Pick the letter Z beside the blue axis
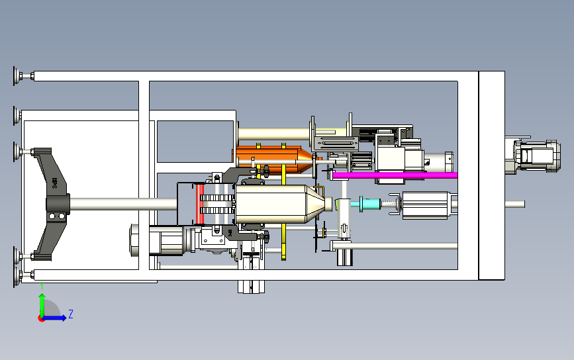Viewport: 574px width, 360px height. [71, 314]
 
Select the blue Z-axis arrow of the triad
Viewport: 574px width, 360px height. [56, 318]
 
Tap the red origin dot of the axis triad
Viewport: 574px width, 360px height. [41, 318]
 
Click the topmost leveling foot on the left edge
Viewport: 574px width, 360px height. [15, 76]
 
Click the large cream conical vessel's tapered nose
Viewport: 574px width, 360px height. [314, 204]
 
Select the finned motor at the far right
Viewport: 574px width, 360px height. [533, 156]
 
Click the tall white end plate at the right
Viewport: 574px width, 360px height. [491, 175]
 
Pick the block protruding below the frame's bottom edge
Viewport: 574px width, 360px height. [252, 286]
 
